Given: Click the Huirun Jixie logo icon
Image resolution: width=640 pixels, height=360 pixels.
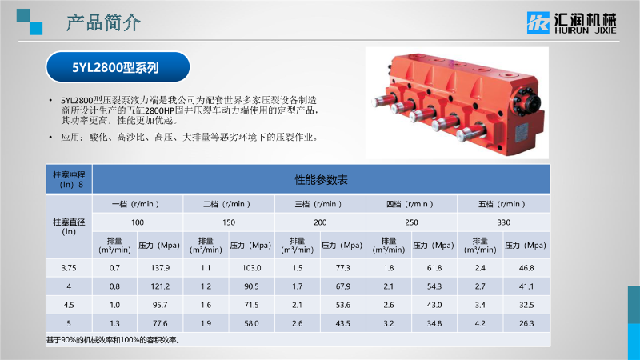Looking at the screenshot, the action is (538, 22).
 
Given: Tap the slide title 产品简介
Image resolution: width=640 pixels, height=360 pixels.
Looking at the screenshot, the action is (104, 22).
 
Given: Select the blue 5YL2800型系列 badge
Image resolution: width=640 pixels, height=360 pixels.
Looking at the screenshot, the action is (118, 67).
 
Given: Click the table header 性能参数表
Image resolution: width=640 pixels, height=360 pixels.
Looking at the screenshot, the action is (322, 179).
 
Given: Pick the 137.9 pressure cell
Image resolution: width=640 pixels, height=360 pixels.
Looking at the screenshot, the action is (160, 268).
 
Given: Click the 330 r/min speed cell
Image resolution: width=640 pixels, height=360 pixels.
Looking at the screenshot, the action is (504, 222).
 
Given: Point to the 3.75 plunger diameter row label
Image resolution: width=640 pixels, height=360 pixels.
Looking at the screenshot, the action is (69, 268).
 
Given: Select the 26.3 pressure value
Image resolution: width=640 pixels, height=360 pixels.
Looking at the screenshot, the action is (526, 323).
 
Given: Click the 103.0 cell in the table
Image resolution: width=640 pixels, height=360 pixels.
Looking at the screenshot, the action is (251, 268).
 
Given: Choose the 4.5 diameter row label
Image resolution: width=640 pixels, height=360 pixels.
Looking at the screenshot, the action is (69, 305).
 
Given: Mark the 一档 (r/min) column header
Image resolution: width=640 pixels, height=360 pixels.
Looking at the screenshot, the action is (136, 204).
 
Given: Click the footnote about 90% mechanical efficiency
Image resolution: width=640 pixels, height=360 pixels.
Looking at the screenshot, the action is (113, 340).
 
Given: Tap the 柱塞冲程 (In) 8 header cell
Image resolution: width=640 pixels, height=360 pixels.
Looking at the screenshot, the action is (69, 179).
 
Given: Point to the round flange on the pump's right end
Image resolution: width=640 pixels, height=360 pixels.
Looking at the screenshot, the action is (530, 102).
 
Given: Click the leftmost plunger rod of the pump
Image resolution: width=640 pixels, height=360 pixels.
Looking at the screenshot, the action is (383, 101).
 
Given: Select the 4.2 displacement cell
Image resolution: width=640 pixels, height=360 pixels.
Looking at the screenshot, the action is (480, 323).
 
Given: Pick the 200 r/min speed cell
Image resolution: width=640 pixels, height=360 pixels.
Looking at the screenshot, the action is (321, 222).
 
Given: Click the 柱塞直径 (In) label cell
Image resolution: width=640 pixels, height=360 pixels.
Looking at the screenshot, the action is (69, 226).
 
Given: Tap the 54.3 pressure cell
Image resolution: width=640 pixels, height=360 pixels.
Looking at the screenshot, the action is (434, 286).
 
